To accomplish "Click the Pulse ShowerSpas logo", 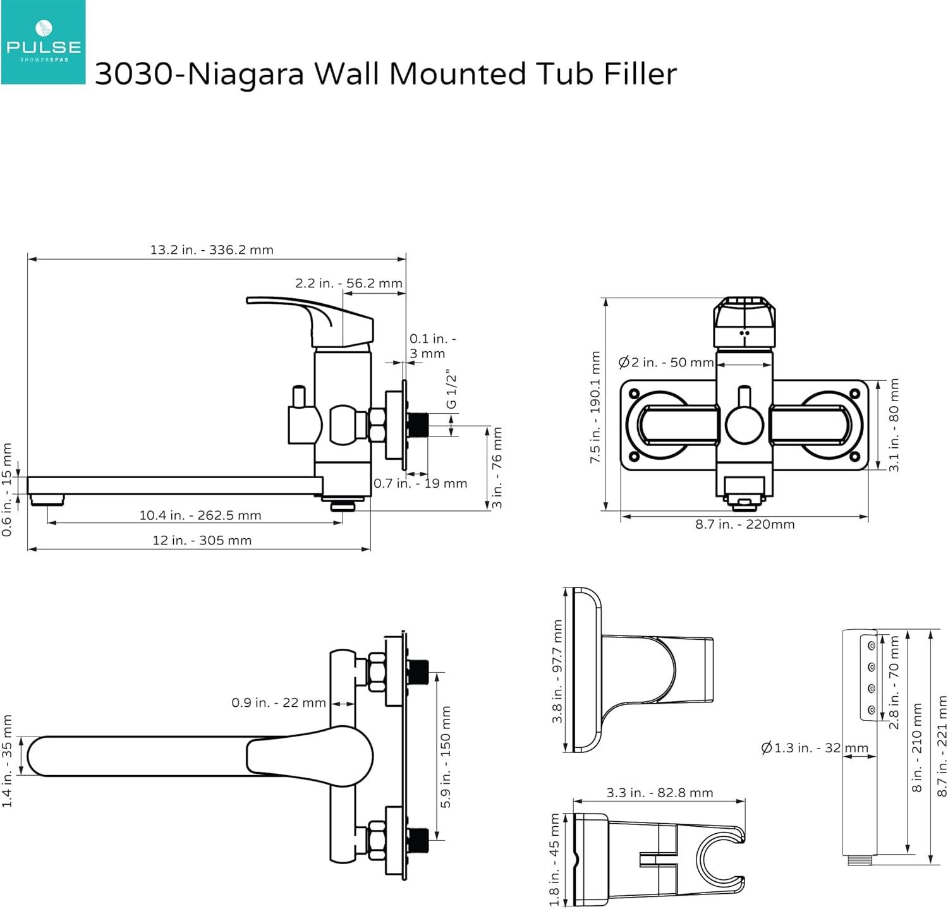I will (x=43, y=42).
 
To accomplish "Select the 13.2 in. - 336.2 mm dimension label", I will (x=212, y=250).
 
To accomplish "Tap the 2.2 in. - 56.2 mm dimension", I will (x=349, y=283).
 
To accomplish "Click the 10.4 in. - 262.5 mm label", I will (x=200, y=515).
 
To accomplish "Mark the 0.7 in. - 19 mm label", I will (x=420, y=483).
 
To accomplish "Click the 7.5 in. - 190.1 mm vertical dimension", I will (x=595, y=407).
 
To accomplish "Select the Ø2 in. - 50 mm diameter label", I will (x=666, y=363).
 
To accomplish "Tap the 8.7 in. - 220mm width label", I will (x=744, y=524).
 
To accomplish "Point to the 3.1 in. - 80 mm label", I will (x=894, y=424).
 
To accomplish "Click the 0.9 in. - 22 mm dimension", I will (x=279, y=702).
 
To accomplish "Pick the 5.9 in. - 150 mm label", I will (x=446, y=757).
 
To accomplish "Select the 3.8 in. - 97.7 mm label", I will (x=557, y=671).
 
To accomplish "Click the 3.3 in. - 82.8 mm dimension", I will (x=659, y=792).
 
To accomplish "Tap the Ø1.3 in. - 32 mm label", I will (x=815, y=748).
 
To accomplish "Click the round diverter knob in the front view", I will (x=744, y=424).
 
